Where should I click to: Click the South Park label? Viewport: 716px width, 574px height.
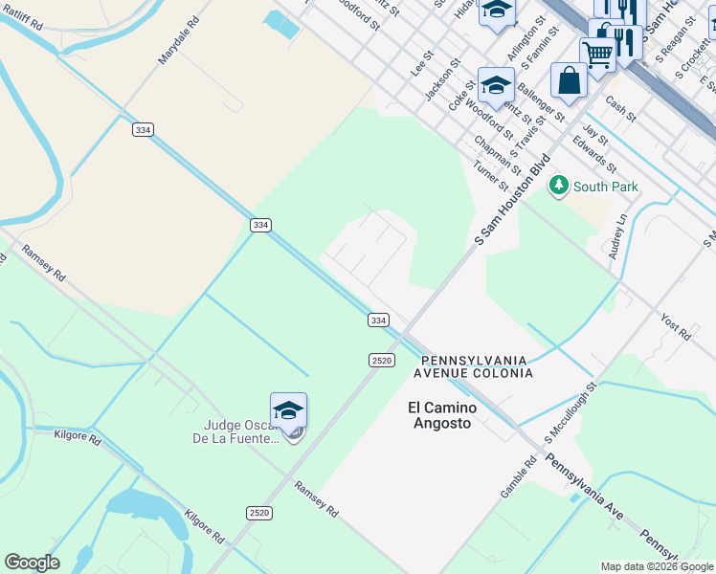607,188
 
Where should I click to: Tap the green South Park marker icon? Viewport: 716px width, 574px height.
558,186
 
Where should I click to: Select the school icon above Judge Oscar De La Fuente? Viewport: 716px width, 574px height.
288,411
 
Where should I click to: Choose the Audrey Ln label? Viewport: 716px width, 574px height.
617,236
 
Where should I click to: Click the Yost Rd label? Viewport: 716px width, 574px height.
676,326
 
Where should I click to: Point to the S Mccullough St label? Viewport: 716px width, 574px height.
571,412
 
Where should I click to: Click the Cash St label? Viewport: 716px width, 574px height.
621,111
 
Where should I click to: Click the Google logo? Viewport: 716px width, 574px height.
33,562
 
